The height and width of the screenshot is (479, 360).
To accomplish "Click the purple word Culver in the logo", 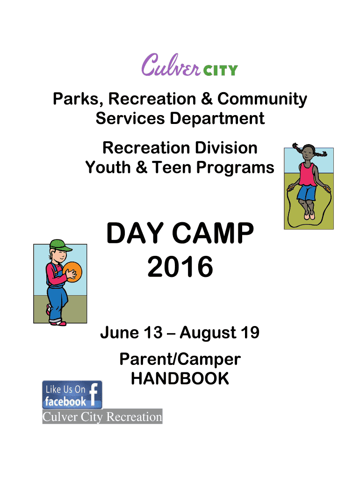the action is coord(171,65).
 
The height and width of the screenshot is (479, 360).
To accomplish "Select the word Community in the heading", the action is coord(262,100).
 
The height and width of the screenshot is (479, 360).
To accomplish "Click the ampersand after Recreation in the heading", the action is coord(206,99).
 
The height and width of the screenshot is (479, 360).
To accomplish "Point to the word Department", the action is coord(217,118).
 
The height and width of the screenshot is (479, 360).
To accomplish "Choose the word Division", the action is coord(226,148).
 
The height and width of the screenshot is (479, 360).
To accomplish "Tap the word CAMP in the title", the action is coord(213,233).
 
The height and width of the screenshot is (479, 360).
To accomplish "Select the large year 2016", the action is coord(180,267).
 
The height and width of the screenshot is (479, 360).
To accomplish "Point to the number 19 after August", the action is coord(251,333).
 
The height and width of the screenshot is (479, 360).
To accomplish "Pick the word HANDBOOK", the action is coord(180,378).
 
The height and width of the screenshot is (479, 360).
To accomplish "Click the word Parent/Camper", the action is coord(180,360).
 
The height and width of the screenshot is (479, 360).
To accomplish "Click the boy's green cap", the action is coord(60,245).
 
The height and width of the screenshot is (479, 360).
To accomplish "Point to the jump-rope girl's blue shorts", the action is coord(307,193).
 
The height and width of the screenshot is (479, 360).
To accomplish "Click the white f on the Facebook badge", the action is coord(94,394).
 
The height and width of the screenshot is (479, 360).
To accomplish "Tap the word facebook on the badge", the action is coord(65,401).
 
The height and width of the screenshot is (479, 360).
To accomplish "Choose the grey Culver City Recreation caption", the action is coord(102,416).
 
